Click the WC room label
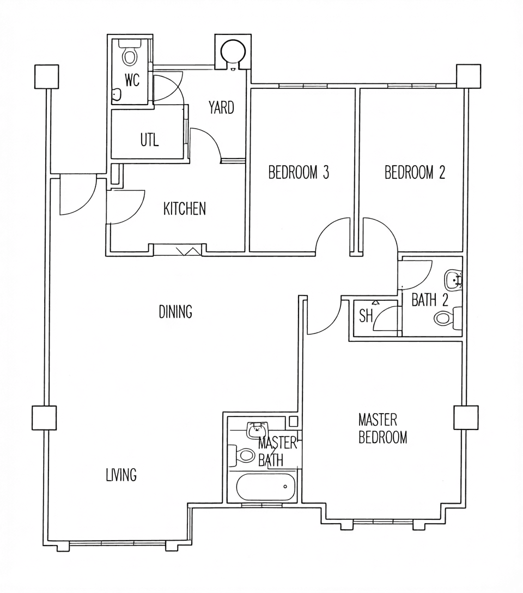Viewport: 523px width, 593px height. point(132,80)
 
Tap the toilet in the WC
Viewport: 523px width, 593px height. point(130,53)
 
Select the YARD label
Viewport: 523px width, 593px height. point(221,107)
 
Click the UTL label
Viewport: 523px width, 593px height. point(149,140)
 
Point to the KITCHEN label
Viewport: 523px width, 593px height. point(184,209)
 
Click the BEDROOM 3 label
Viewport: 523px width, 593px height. point(299,172)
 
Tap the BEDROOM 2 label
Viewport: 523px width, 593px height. point(415,172)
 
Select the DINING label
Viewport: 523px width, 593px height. point(175,312)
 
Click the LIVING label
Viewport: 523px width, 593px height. point(121,475)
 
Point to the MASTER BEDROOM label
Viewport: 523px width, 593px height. point(383,428)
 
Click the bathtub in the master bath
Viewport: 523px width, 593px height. point(265,486)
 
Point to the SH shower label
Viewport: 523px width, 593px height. point(366,316)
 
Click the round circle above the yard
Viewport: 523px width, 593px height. point(232,50)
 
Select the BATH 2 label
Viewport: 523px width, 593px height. point(430,300)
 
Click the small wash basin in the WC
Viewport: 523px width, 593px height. point(117,94)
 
